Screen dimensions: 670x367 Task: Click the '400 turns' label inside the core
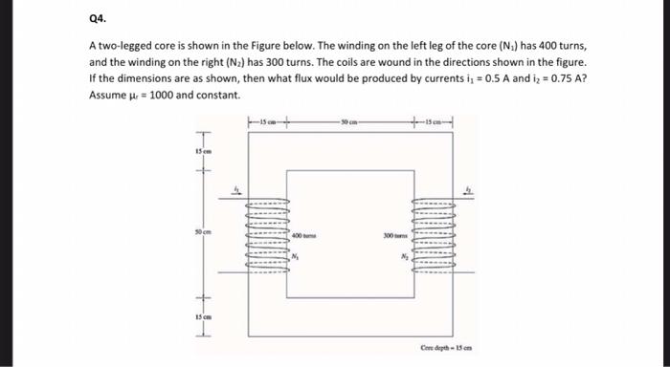[304, 234]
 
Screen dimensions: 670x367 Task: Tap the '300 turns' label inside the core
[395, 234]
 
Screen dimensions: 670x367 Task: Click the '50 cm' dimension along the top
[347, 121]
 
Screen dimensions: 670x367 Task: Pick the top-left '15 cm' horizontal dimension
[262, 121]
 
